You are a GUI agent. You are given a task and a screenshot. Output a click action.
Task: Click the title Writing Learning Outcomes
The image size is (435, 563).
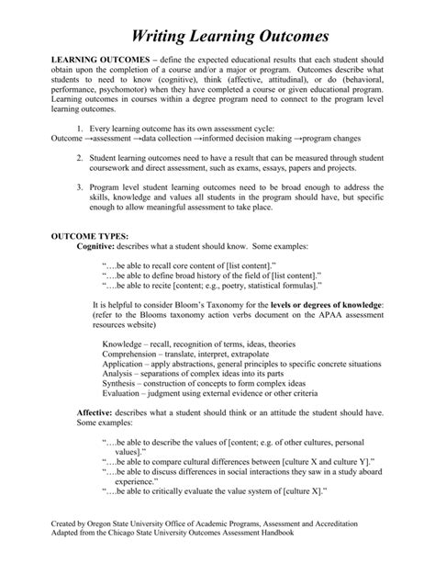(x=217, y=37)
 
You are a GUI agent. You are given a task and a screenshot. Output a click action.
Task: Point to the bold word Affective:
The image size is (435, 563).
(x=96, y=414)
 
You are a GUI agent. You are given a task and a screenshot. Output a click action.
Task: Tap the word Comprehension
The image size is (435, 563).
(x=136, y=353)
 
